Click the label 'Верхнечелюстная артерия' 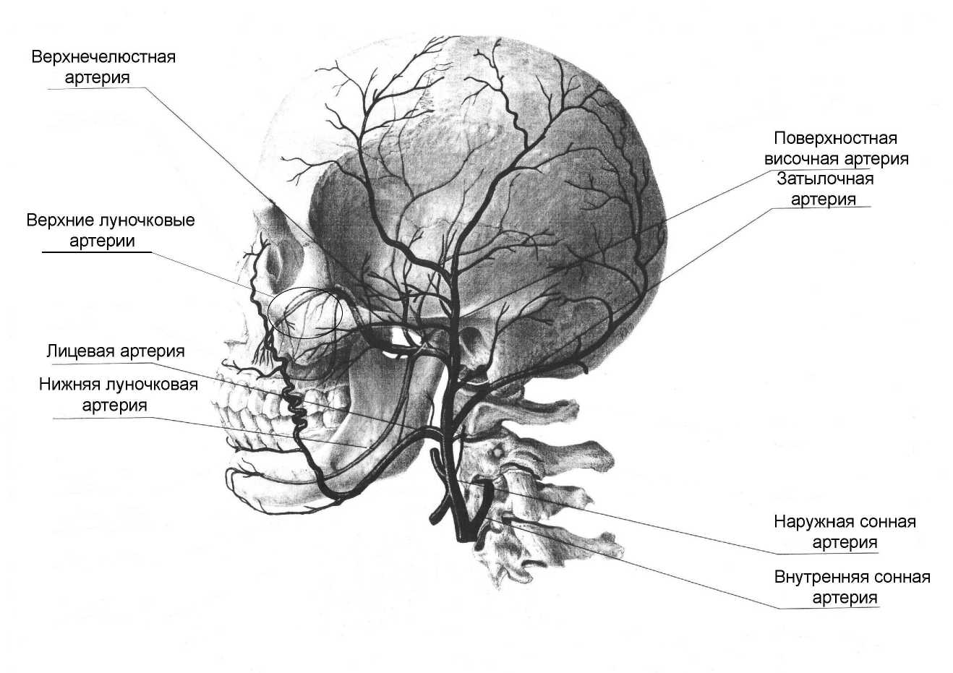click(103, 67)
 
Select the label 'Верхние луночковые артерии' click(110, 230)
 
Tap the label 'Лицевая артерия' click(115, 351)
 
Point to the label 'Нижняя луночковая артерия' click(118, 395)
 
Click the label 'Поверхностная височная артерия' click(835, 148)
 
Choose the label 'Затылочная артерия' click(825, 189)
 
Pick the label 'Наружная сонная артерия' click(845, 532)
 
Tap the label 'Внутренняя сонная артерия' click(852, 587)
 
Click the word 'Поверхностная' click(835, 138)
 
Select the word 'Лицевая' click(80, 351)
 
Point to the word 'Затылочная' click(825, 179)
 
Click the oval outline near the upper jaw click(304, 313)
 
